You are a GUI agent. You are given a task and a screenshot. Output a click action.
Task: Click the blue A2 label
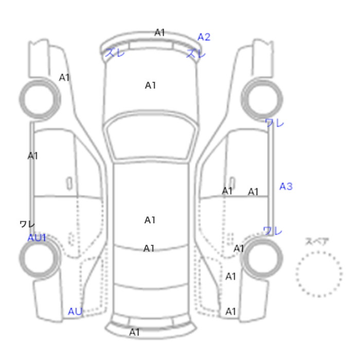(x=204, y=37)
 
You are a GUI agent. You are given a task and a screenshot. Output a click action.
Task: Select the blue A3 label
(x=286, y=186)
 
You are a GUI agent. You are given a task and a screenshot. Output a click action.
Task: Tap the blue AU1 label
(x=37, y=238)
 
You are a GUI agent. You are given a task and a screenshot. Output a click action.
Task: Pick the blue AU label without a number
(x=75, y=312)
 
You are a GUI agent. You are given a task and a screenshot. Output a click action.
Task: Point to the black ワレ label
(x=27, y=224)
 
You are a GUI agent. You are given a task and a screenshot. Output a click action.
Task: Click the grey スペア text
(x=317, y=241)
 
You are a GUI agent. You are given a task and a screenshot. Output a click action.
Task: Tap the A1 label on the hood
(x=150, y=85)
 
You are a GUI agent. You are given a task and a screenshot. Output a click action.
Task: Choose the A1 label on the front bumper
(x=160, y=32)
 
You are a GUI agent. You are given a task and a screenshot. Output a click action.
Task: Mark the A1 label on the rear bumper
(x=135, y=332)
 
